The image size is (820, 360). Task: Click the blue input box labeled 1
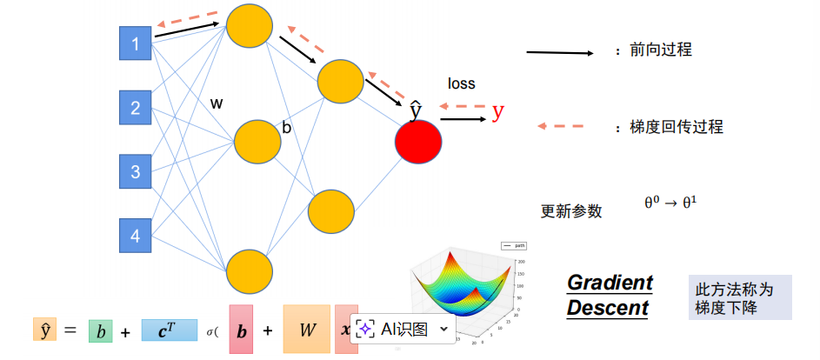coord(135,43)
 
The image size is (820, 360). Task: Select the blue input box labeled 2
coord(135,108)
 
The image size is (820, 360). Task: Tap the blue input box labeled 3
coord(135,171)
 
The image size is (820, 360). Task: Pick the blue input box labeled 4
coord(135,235)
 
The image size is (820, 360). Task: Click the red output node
coord(418,143)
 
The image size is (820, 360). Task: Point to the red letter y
coord(497,110)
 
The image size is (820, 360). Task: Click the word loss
coord(462,83)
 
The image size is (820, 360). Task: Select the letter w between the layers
coord(217,103)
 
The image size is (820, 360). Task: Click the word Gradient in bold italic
coord(610,283)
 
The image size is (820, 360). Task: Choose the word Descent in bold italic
coord(608,308)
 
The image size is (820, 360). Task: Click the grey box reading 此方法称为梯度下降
coord(739,298)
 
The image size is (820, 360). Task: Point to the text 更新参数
coord(571,211)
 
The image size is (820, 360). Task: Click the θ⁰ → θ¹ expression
coord(670,202)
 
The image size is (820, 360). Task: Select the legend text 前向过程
coord(661,51)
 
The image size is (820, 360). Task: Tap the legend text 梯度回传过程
coord(677,127)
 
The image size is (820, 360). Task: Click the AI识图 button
coord(403,329)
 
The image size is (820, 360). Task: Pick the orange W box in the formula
coord(306,330)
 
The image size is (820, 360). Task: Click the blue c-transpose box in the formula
coord(170,330)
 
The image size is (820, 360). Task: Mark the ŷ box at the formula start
coord(44,330)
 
